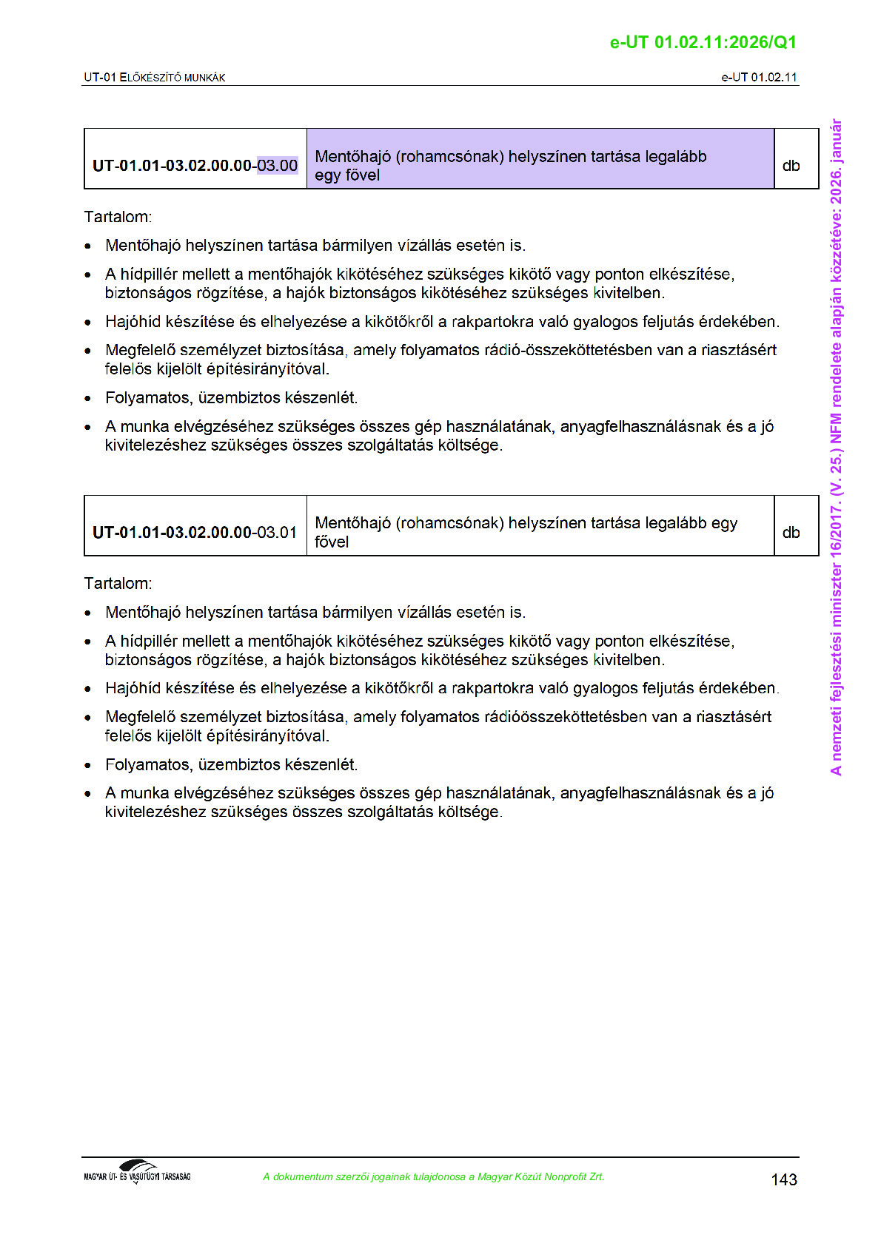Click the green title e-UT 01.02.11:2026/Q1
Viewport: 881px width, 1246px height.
click(703, 42)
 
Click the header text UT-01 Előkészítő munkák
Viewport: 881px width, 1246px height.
click(155, 78)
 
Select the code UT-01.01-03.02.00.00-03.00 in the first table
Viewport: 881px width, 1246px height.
click(195, 166)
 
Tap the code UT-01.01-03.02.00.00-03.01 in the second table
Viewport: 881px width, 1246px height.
click(195, 533)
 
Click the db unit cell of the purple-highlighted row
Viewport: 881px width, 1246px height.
click(791, 166)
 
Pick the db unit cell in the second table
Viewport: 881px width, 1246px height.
click(791, 533)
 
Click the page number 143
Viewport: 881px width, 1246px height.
click(783, 1179)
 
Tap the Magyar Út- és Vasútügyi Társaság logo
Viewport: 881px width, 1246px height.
click(138, 1173)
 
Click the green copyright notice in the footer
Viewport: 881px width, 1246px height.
click(433, 1176)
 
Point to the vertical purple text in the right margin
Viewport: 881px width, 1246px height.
click(836, 447)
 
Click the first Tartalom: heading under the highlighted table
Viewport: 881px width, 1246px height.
click(118, 217)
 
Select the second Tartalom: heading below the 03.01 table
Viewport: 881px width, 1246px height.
click(118, 583)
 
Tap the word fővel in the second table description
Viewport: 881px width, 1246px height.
click(332, 542)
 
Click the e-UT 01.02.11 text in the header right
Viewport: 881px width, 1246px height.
click(759, 78)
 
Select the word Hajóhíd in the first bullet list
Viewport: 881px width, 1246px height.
click(133, 322)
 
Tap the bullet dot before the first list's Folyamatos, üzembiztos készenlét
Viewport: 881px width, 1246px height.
click(88, 399)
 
